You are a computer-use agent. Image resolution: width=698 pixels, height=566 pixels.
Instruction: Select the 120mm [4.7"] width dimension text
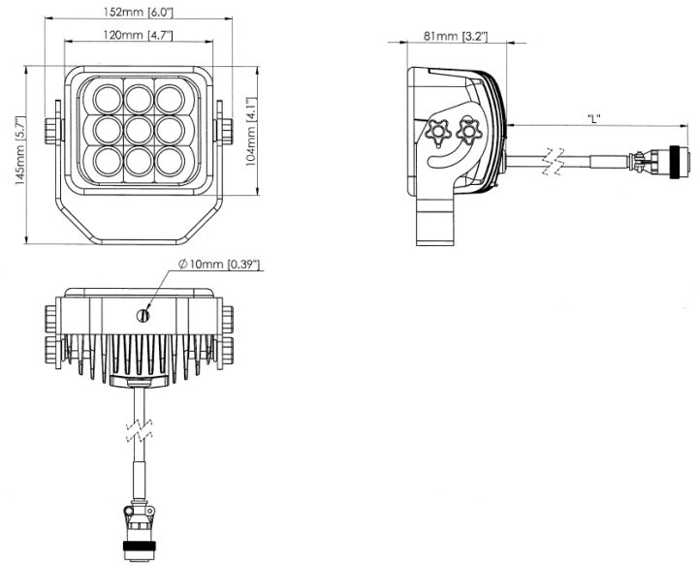click(x=139, y=38)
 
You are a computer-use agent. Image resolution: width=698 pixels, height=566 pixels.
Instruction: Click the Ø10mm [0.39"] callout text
click(x=219, y=266)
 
